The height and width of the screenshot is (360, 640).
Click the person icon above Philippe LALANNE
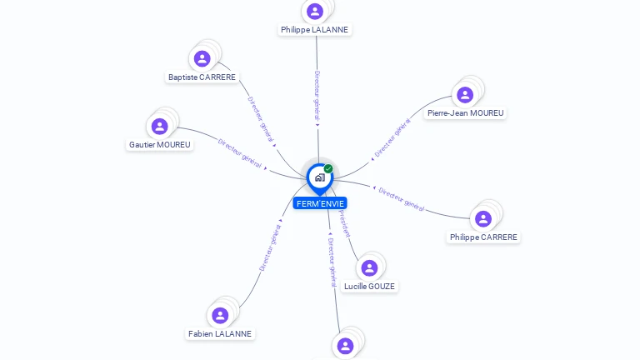point(315,11)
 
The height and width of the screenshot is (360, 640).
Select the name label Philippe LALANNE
point(315,29)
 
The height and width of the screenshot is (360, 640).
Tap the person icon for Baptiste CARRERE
point(202,58)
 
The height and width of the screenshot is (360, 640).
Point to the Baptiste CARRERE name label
point(202,77)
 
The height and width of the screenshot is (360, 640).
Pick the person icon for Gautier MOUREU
point(160,126)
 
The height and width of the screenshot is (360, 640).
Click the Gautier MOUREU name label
point(160,144)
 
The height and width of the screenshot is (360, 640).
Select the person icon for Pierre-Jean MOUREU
point(465,94)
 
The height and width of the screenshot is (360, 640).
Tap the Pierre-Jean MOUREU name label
point(465,112)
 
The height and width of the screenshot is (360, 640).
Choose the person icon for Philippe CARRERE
point(483,218)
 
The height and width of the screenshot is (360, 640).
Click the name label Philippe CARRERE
point(483,237)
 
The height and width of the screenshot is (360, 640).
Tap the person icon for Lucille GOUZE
point(369,267)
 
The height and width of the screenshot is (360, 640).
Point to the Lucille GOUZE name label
point(369,286)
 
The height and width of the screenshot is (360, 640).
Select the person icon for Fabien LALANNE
point(220,315)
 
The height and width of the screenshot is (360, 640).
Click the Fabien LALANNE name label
point(220,333)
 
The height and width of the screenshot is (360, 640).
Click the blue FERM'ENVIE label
point(319,203)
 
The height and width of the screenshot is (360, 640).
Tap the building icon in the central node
point(319,177)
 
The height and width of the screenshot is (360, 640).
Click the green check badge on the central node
point(328,168)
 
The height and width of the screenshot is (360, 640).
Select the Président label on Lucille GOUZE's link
point(344,224)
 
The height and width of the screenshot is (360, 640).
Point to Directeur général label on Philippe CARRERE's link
point(402,199)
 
